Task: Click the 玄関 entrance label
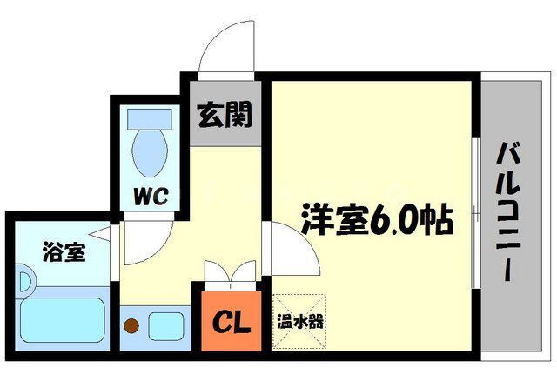click(x=224, y=114)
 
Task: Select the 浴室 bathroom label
click(x=41, y=252)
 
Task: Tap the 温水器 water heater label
click(x=300, y=321)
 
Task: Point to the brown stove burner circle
click(x=131, y=326)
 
